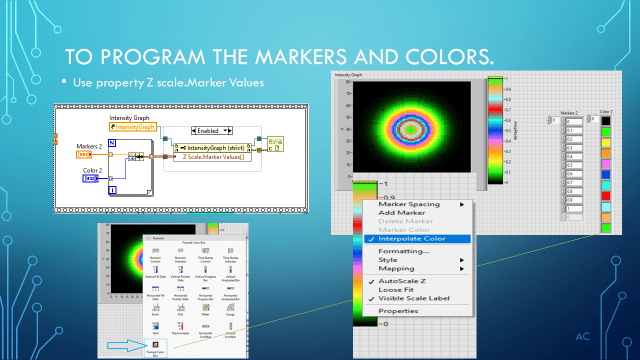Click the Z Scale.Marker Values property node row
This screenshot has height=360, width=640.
pyautogui.click(x=217, y=156)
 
